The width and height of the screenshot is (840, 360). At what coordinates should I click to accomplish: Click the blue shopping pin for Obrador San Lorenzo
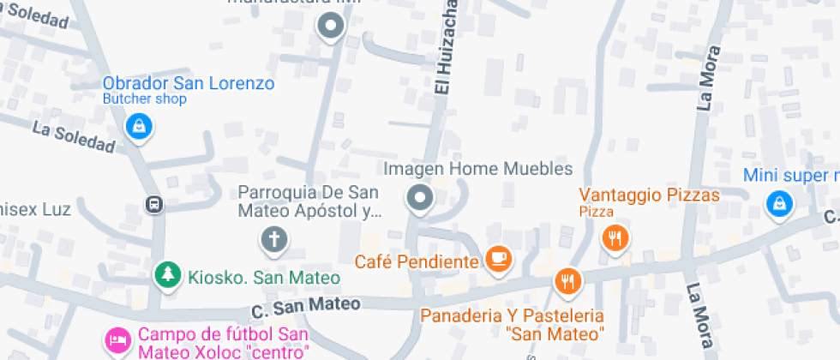pos(137,128)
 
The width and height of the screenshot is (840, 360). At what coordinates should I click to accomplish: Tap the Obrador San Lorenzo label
pos(188,83)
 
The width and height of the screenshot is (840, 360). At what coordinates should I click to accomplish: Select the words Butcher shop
pos(144,99)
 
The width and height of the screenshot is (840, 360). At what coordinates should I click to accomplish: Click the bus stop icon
pos(154,205)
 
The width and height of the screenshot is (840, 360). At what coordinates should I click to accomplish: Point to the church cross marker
pos(274,238)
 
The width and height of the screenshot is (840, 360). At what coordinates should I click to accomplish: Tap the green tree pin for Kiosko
pos(168,274)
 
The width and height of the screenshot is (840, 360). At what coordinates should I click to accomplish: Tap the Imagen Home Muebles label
pos(477,169)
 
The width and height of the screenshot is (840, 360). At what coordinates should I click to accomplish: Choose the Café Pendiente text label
pos(417,261)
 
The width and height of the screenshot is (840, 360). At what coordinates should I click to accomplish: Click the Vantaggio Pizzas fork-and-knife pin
pos(615,238)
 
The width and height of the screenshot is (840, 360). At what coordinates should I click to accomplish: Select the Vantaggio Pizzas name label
pos(649,195)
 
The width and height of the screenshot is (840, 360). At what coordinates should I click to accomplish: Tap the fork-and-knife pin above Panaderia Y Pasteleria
pos(567,279)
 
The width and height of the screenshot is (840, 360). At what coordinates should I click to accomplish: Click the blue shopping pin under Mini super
pos(779,203)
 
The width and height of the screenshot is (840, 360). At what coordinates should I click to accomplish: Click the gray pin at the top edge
pos(330,26)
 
